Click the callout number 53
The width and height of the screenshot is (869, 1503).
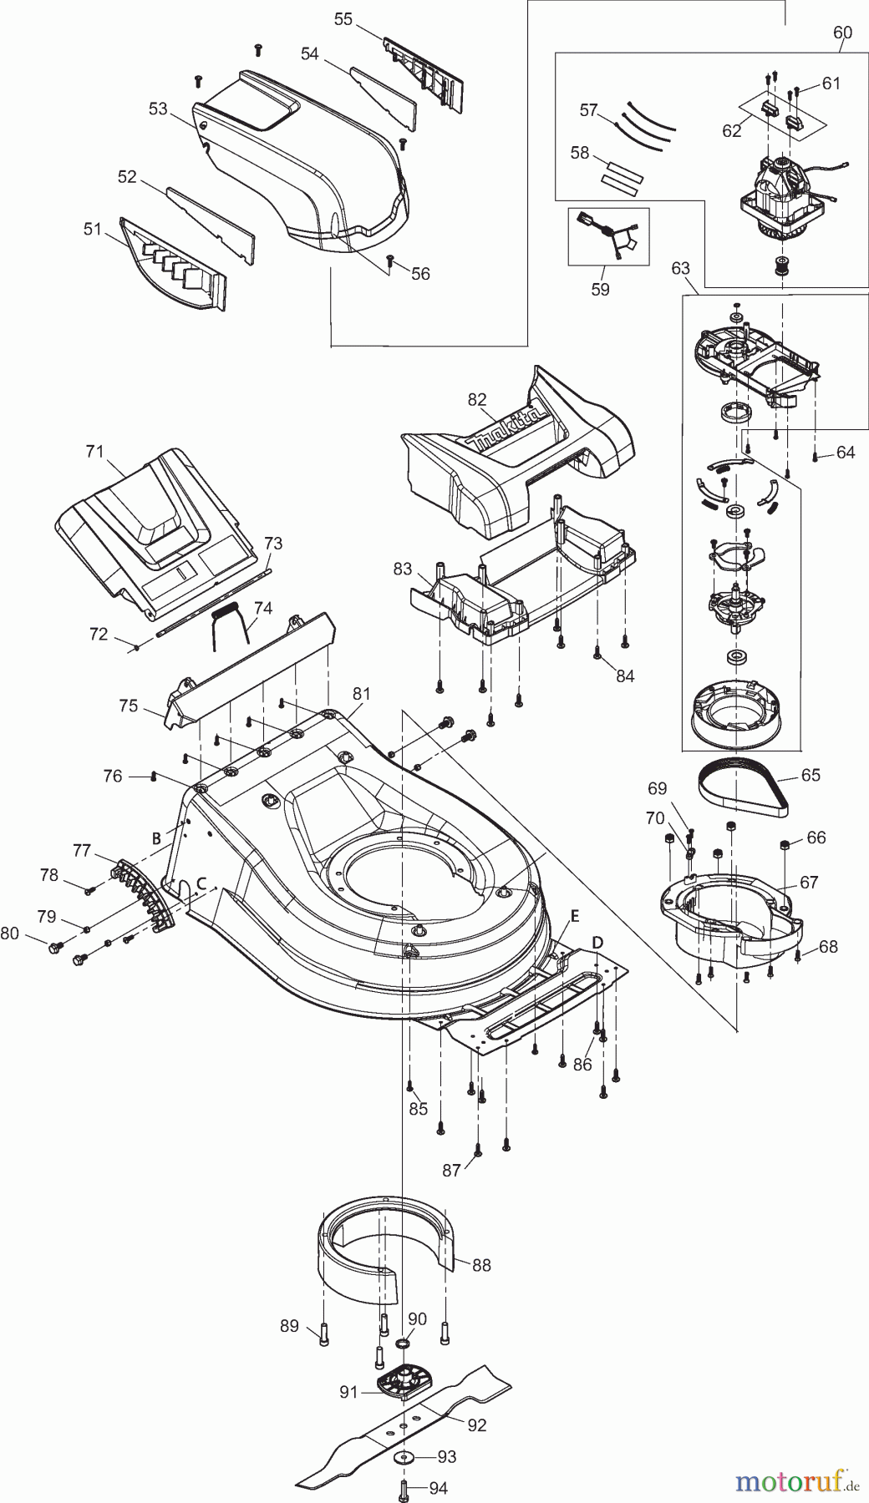[x=158, y=109]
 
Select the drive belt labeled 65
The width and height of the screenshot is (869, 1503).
[x=742, y=787]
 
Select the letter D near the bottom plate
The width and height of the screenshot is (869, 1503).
[x=597, y=943]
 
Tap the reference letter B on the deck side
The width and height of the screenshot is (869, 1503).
[x=155, y=838]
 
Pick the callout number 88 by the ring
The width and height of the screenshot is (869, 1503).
[x=481, y=1266]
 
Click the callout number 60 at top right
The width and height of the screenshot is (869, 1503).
[x=842, y=33]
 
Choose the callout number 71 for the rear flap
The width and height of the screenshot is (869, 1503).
[x=94, y=452]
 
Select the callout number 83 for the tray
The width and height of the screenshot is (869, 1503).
[x=403, y=569]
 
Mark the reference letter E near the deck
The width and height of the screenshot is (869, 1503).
[x=574, y=915]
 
